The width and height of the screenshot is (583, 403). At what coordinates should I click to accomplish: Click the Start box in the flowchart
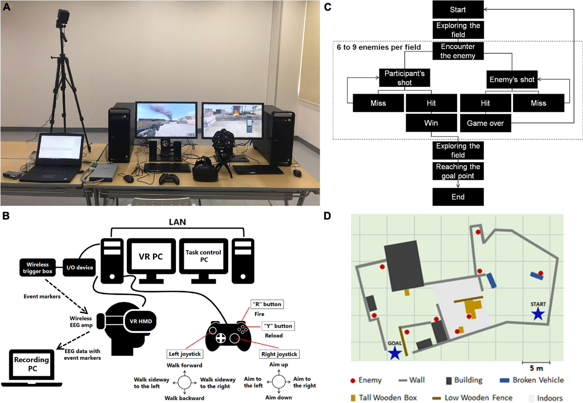pyautogui.click(x=458, y=8)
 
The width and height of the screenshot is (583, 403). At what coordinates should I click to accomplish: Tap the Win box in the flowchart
pyautogui.click(x=431, y=123)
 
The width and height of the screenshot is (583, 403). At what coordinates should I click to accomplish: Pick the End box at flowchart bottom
pyautogui.click(x=458, y=197)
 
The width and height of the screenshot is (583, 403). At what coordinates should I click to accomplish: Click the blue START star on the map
pyautogui.click(x=537, y=314)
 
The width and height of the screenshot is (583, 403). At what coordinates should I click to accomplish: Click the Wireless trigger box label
pyautogui.click(x=38, y=267)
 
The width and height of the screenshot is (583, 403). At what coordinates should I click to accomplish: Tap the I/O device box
pyautogui.click(x=79, y=267)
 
